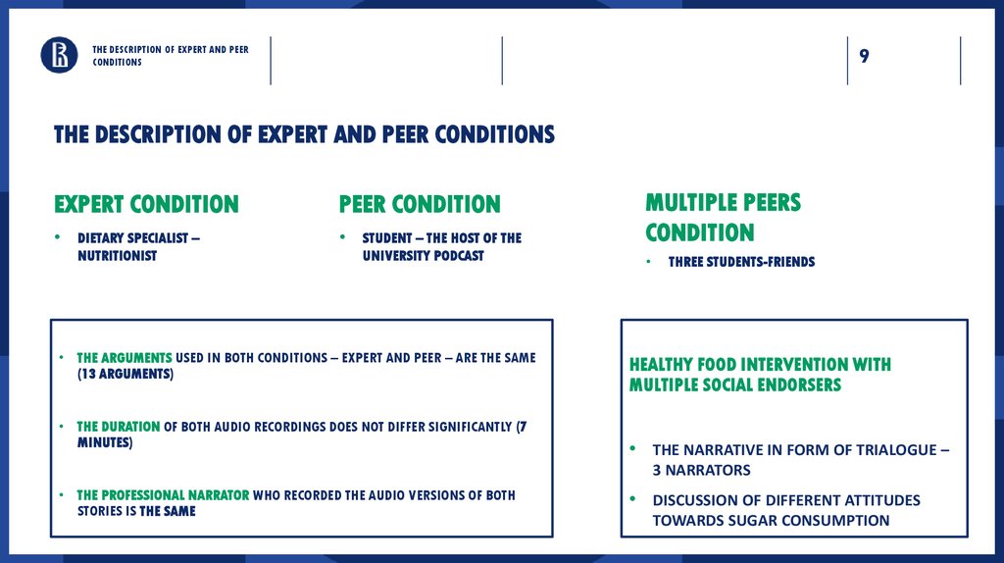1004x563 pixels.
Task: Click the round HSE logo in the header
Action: click(x=59, y=55)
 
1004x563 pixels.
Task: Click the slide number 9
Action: click(x=864, y=56)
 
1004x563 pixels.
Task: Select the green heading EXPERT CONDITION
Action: click(x=146, y=204)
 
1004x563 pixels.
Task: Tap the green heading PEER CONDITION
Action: click(x=420, y=204)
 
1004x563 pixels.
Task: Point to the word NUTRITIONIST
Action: click(x=117, y=256)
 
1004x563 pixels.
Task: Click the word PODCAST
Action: click(x=455, y=256)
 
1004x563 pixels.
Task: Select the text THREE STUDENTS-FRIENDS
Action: click(x=741, y=262)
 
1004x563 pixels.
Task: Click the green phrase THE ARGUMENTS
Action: click(x=125, y=358)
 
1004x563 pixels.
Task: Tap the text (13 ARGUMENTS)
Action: click(x=125, y=375)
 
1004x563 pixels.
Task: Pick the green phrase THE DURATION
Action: click(x=119, y=427)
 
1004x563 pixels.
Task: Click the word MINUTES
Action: click(x=102, y=443)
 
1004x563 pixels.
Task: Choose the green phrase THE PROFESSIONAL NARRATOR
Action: click(x=163, y=495)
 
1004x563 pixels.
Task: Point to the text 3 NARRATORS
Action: click(x=701, y=471)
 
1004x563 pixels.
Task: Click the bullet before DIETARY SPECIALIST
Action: click(x=58, y=238)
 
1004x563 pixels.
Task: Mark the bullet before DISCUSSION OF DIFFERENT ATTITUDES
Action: click(x=633, y=499)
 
